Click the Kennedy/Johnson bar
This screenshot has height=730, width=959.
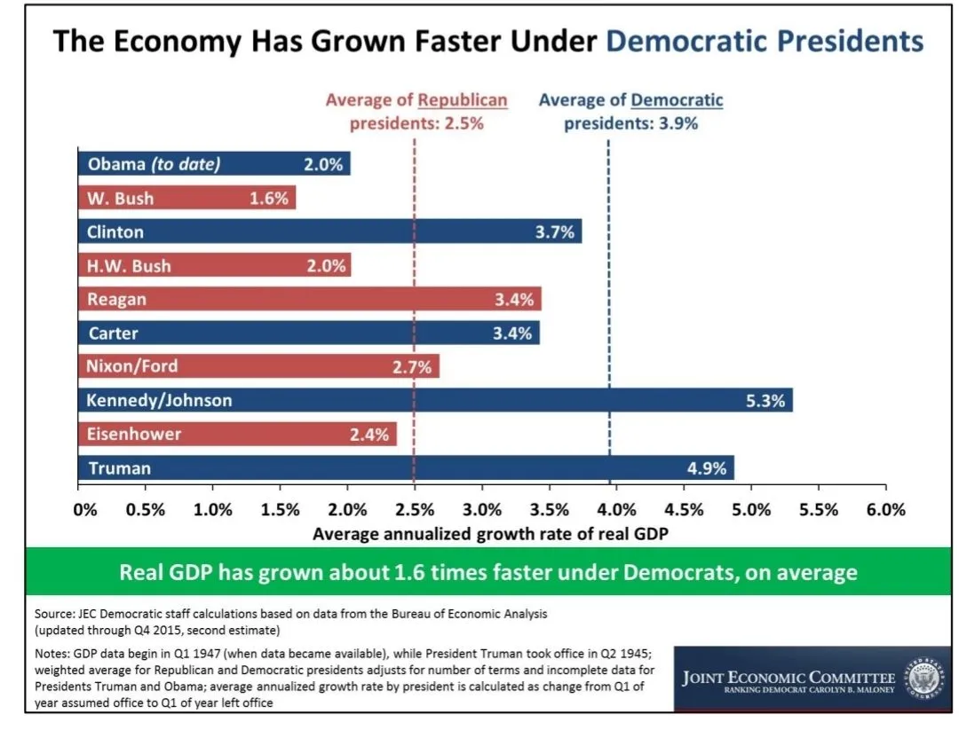tap(435, 400)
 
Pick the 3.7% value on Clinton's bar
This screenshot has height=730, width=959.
tap(556, 232)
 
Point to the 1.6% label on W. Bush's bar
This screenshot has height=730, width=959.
tap(269, 199)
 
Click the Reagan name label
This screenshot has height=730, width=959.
tap(116, 300)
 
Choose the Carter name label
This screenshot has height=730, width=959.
tap(113, 334)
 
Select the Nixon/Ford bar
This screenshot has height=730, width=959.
tap(258, 366)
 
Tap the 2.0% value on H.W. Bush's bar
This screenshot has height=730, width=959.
tap(326, 266)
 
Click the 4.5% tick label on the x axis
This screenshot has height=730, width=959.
tap(685, 510)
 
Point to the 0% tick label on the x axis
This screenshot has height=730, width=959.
tap(85, 510)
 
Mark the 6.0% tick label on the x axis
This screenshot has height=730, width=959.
tap(886, 510)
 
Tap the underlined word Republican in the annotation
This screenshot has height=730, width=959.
tap(463, 100)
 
